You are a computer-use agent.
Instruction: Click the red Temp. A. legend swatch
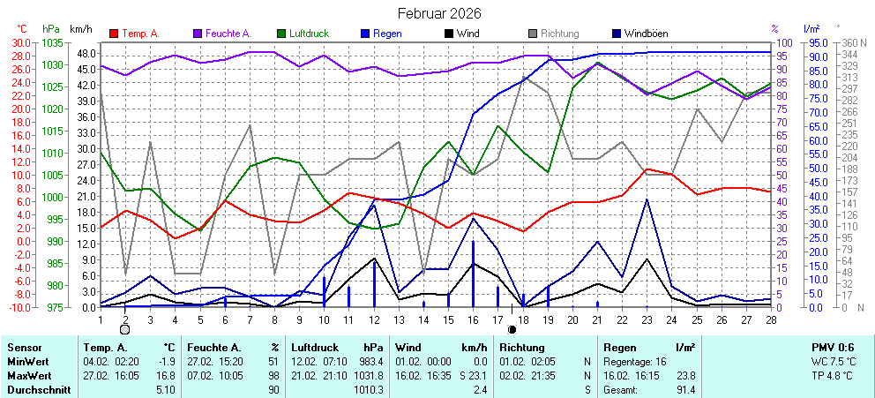pos(114,34)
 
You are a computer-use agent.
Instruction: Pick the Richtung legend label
pos(559,34)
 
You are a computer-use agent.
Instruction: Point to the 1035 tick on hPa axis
pos(52,42)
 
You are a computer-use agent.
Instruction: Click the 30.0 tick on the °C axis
pos(21,42)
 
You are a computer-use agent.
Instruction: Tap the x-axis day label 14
pos(423,319)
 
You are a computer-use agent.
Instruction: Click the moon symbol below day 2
pos(125,329)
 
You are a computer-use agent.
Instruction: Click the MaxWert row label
pos(26,375)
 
